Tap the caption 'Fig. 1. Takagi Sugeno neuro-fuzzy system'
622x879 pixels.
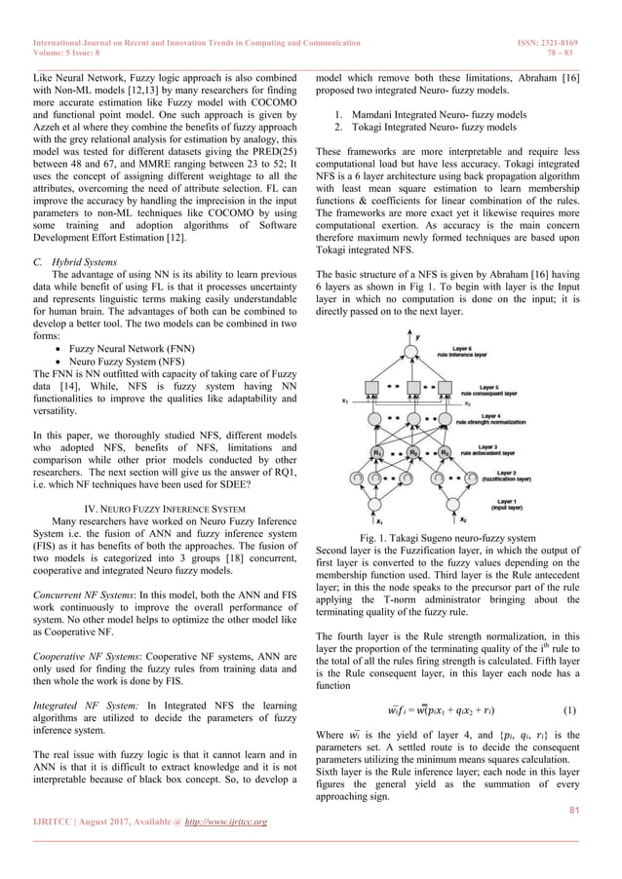[x=448, y=537]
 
